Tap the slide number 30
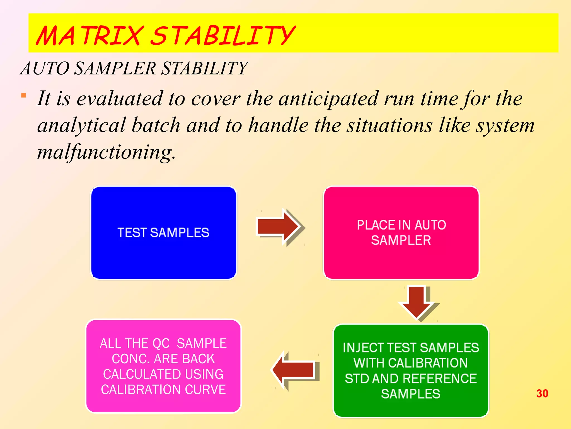[542, 394]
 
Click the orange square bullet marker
[24, 96]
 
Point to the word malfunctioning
[106, 152]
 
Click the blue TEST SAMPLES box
[164, 233]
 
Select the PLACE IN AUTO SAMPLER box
[401, 233]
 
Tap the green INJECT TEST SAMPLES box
[411, 371]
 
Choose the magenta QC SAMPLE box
[163, 366]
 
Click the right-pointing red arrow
[279, 227]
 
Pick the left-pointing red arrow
[294, 370]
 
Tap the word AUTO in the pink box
[430, 225]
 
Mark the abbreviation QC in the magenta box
[161, 344]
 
